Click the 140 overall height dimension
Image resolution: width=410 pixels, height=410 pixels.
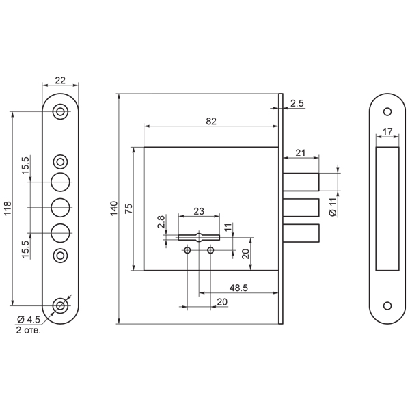114,208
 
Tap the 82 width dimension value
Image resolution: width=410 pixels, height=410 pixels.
211,121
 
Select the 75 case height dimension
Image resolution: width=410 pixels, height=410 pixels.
128,208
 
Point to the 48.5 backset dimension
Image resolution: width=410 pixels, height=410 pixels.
238,288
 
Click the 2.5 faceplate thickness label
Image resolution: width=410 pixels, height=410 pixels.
297,103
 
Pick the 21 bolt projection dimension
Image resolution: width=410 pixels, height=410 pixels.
300,152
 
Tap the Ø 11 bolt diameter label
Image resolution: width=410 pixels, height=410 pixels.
333,207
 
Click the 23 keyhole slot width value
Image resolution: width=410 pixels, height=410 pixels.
199,211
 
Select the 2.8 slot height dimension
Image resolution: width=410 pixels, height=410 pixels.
161,221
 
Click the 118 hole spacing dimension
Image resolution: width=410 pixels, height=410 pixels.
8,208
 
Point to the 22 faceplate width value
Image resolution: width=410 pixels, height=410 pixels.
60,80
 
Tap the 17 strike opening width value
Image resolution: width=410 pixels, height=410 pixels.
387,131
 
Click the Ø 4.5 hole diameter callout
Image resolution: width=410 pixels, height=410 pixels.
28,319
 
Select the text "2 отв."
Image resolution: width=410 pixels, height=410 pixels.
28,331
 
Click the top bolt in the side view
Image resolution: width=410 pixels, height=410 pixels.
301,182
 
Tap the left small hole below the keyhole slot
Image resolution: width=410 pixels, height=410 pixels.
187,251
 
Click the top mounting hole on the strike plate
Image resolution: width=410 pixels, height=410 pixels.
387,112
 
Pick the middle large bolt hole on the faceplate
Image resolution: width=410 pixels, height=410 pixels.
60,208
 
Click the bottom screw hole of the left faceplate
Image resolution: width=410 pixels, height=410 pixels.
60,305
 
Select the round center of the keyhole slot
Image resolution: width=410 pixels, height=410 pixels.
200,237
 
